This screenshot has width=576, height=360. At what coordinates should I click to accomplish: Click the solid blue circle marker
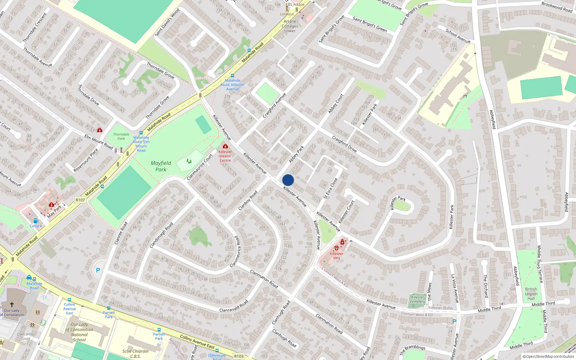point(288,180)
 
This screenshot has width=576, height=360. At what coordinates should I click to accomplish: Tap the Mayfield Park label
point(161,166)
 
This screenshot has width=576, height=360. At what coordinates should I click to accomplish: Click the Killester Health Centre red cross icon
point(225,146)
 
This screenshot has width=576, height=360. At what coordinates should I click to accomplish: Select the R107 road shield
point(80,200)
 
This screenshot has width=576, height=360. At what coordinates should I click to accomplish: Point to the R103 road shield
point(239,356)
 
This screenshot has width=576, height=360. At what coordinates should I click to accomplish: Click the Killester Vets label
point(337,256)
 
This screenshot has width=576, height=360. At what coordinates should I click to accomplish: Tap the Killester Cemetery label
point(418,300)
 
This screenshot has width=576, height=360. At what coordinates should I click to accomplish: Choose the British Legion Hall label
point(531,294)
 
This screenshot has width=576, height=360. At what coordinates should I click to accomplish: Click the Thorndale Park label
point(121,136)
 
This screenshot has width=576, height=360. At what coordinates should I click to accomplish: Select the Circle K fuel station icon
point(36,221)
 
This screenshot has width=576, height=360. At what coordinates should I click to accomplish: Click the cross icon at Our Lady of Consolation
point(12,304)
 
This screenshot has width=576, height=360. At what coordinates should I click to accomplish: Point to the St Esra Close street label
point(330,188)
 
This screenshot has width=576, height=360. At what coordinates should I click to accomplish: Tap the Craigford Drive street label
point(344,144)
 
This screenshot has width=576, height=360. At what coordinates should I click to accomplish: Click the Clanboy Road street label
point(248,200)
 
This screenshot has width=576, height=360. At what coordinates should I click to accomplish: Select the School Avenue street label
point(458,36)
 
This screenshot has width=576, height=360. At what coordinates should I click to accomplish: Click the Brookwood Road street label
point(557,7)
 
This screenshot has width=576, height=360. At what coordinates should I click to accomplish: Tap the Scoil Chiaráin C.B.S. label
point(135,354)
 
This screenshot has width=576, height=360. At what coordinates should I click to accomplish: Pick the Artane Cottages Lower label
point(290,26)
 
